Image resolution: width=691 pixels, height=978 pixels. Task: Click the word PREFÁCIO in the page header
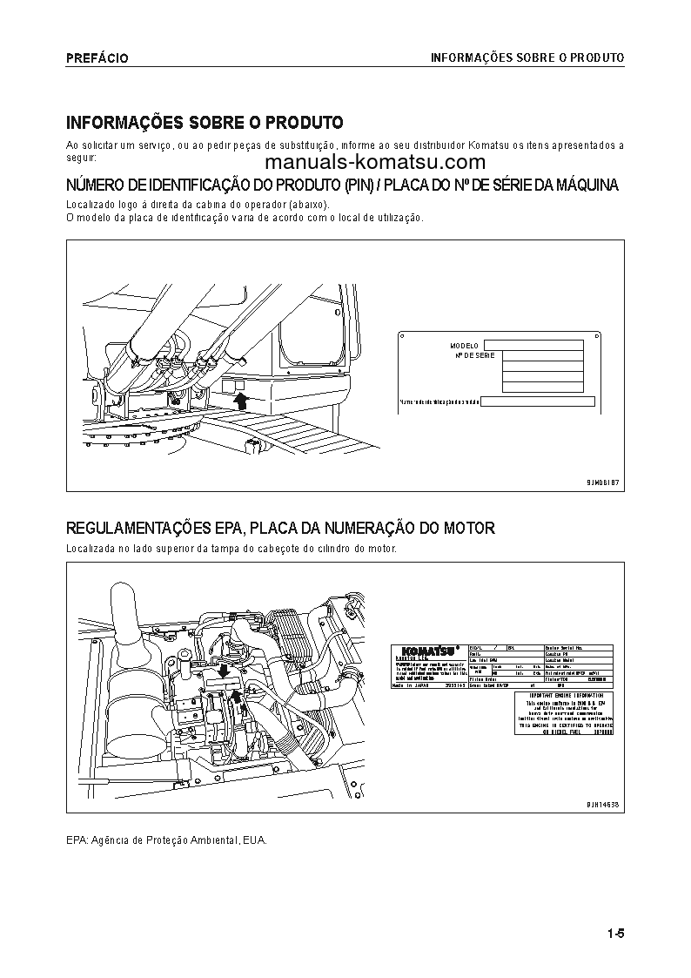pyautogui.click(x=97, y=58)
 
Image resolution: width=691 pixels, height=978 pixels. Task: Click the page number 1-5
pyautogui.click(x=616, y=934)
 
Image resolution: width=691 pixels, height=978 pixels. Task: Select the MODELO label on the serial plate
pyautogui.click(x=464, y=346)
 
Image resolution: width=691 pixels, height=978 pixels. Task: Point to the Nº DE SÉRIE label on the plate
pyautogui.click(x=474, y=356)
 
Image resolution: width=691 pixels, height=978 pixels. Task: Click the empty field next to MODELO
pyautogui.click(x=533, y=345)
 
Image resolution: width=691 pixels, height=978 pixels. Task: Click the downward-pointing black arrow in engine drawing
pyautogui.click(x=224, y=671)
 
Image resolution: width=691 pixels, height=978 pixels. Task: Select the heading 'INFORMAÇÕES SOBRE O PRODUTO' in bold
pyautogui.click(x=205, y=122)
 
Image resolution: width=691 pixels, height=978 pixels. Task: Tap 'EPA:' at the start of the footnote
pyautogui.click(x=77, y=840)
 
